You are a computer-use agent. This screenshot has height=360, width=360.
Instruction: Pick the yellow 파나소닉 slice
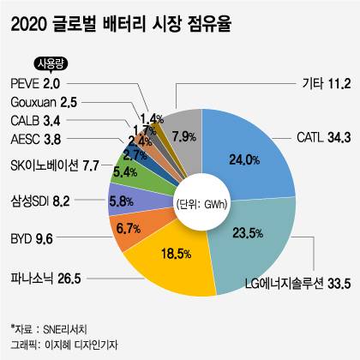[176, 261]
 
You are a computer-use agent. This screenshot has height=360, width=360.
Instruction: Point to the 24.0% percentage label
[220, 159]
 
